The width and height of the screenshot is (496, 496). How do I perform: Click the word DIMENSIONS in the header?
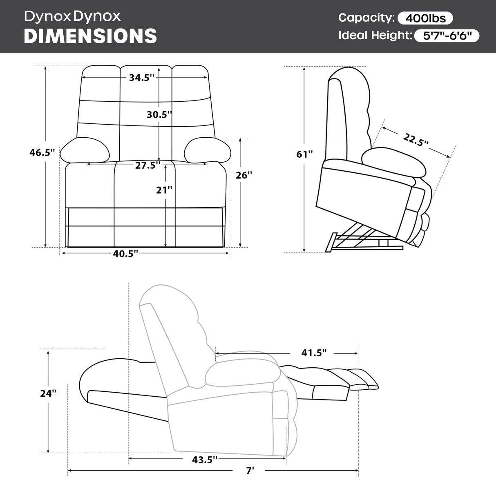[90, 36]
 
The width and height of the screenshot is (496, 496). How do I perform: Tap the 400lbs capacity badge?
[425, 18]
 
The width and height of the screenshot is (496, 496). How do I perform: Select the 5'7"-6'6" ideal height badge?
[447, 36]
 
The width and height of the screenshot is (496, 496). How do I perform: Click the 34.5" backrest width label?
[142, 78]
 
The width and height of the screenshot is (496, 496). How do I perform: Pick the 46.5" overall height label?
[42, 153]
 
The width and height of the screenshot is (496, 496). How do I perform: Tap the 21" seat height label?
[164, 190]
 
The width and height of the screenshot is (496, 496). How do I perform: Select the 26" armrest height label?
[244, 175]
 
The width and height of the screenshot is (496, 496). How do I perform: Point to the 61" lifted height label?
[305, 154]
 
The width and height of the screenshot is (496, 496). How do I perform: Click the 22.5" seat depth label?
[416, 140]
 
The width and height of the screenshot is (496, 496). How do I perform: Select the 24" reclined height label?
[49, 393]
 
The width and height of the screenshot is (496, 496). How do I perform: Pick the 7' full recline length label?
[250, 471]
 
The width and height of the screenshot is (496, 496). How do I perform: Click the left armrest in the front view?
[85, 150]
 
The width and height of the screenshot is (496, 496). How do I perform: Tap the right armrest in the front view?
[208, 150]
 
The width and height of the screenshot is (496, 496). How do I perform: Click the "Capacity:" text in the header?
[366, 18]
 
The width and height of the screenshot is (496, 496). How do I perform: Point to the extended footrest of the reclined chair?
[335, 378]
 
